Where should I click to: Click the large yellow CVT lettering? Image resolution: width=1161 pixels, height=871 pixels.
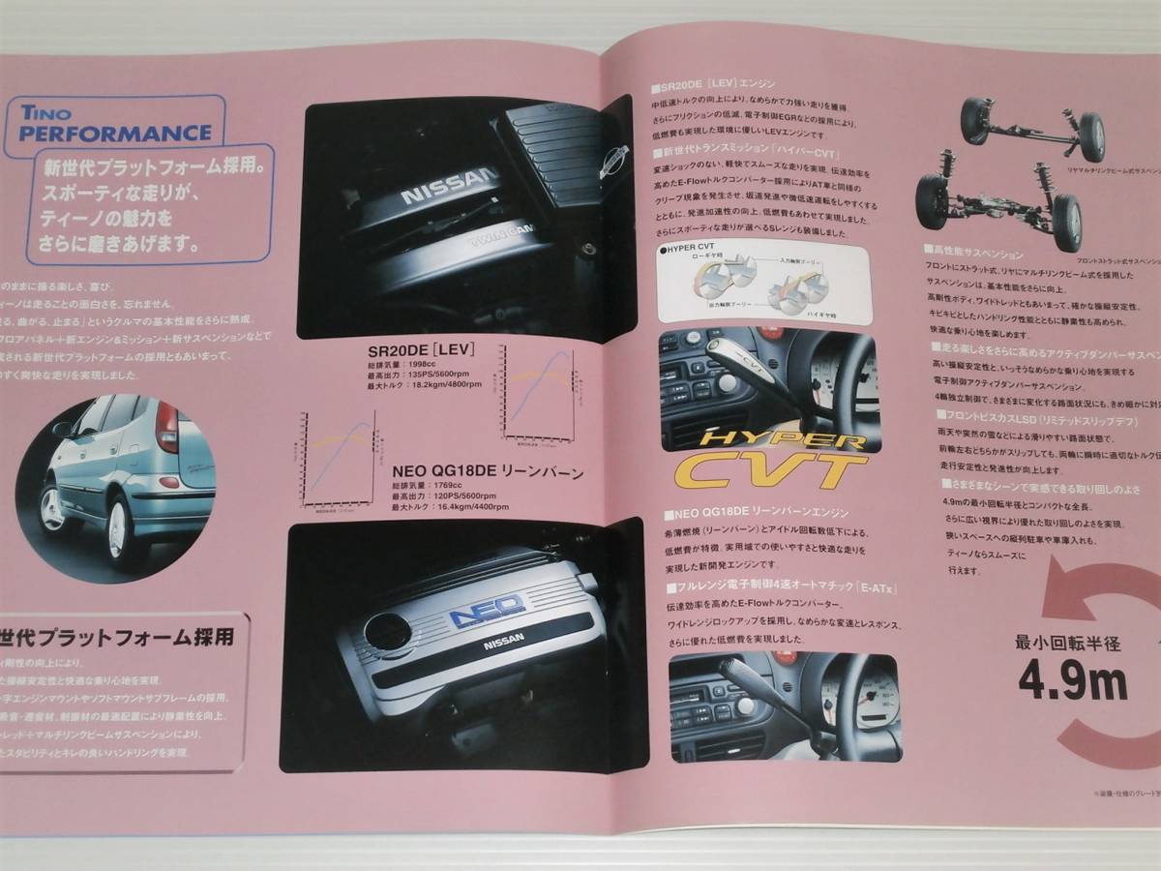coord(756,470)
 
